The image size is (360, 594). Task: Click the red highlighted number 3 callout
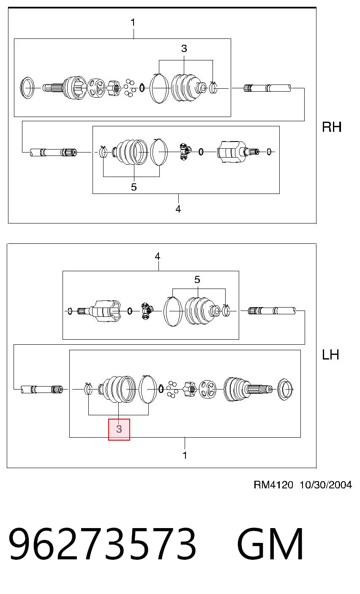[x=119, y=429]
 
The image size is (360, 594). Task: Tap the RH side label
[x=332, y=127]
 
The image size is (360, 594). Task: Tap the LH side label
[x=330, y=355]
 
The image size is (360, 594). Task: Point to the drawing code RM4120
[x=273, y=485]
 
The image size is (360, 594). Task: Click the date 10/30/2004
[x=326, y=485]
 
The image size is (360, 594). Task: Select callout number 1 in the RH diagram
[x=133, y=22]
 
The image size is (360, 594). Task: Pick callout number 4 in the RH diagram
[x=178, y=209]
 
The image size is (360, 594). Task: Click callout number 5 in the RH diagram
[x=134, y=187]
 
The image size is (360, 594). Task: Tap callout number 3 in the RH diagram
[x=184, y=49]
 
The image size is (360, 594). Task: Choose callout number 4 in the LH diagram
[x=158, y=256]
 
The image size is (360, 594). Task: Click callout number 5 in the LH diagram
[x=197, y=280]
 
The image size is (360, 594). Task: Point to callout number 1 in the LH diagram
[x=185, y=455]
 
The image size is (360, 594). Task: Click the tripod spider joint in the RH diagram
[x=185, y=152]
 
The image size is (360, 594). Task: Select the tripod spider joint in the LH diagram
[x=147, y=311]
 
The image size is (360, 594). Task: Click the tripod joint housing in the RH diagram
[x=231, y=152]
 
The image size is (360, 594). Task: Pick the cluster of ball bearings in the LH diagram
[x=172, y=390]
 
